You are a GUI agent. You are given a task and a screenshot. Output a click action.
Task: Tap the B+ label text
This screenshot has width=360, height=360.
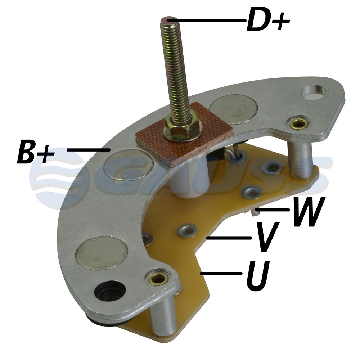pos(36,151)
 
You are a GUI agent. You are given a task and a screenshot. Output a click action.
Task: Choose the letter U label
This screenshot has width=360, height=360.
pos(257,275)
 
